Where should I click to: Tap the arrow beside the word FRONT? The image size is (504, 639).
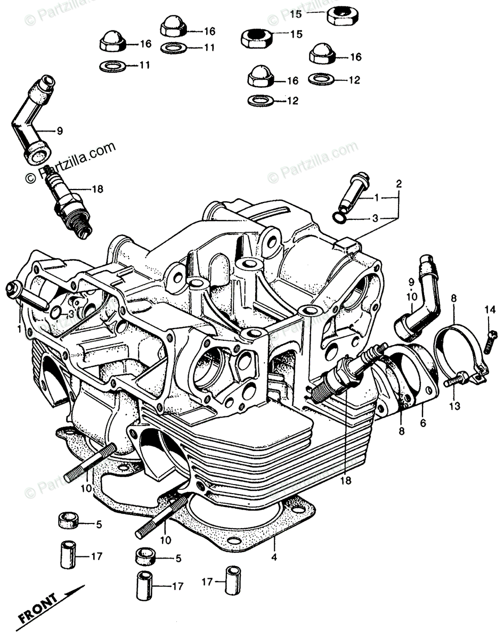tap(72, 593)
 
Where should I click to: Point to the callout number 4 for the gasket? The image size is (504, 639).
tap(274, 558)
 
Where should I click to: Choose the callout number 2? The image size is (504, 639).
tap(398, 184)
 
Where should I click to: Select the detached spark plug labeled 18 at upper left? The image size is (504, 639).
tap(68, 204)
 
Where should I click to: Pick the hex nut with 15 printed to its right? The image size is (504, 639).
tap(257, 38)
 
